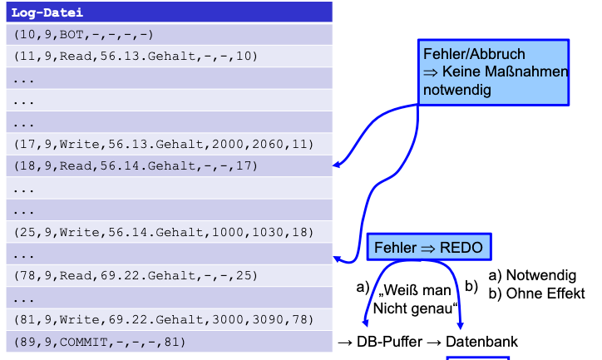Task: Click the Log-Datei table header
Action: [166, 12]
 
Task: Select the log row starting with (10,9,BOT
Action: [166, 34]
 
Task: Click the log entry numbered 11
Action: [166, 57]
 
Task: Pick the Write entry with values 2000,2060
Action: [166, 144]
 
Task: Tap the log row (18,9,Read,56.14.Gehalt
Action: [166, 165]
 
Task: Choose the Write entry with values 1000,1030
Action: [166, 231]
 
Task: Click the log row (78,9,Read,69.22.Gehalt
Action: [166, 274]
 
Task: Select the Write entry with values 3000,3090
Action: [166, 318]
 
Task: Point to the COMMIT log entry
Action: [166, 341]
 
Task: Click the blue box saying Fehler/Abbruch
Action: [495, 72]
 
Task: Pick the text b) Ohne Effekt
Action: [536, 293]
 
